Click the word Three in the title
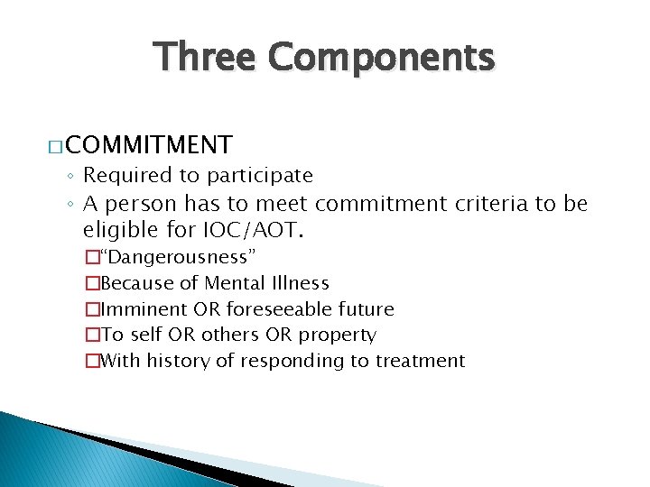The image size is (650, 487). click(204, 57)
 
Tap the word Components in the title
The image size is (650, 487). click(381, 57)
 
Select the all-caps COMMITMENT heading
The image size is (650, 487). click(149, 144)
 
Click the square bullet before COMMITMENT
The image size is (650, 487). click(55, 146)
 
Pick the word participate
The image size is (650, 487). click(260, 175)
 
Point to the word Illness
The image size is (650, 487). click(302, 284)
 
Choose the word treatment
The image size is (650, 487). click(424, 362)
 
